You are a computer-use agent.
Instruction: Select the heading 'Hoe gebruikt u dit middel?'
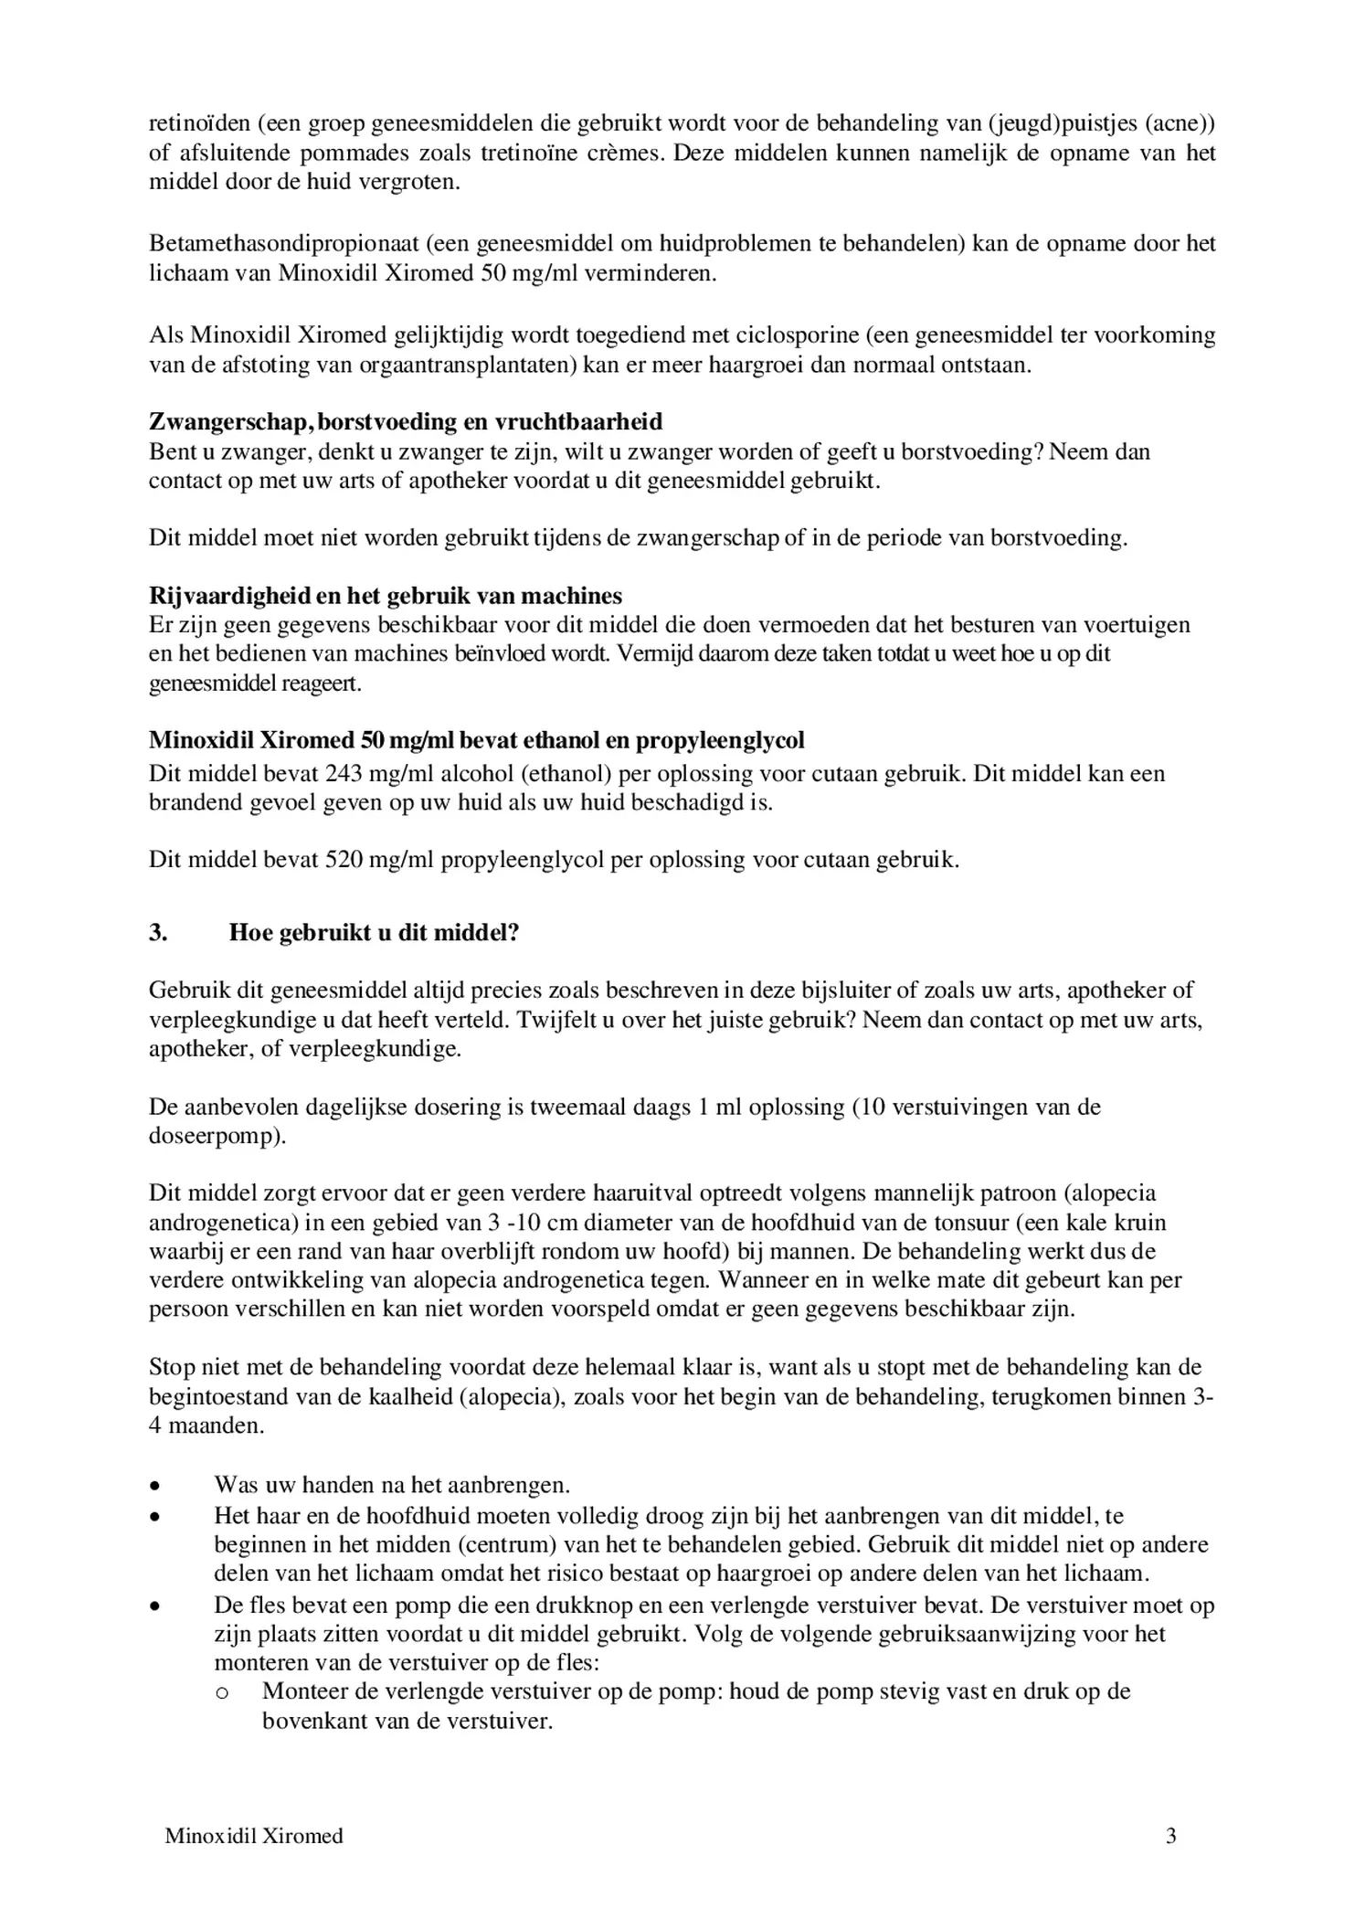[x=374, y=932]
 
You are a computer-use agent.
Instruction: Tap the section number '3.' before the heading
[x=158, y=932]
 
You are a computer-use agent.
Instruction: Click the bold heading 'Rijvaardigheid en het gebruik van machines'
[x=385, y=596]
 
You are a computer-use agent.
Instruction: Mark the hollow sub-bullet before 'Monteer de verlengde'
[x=221, y=1692]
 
